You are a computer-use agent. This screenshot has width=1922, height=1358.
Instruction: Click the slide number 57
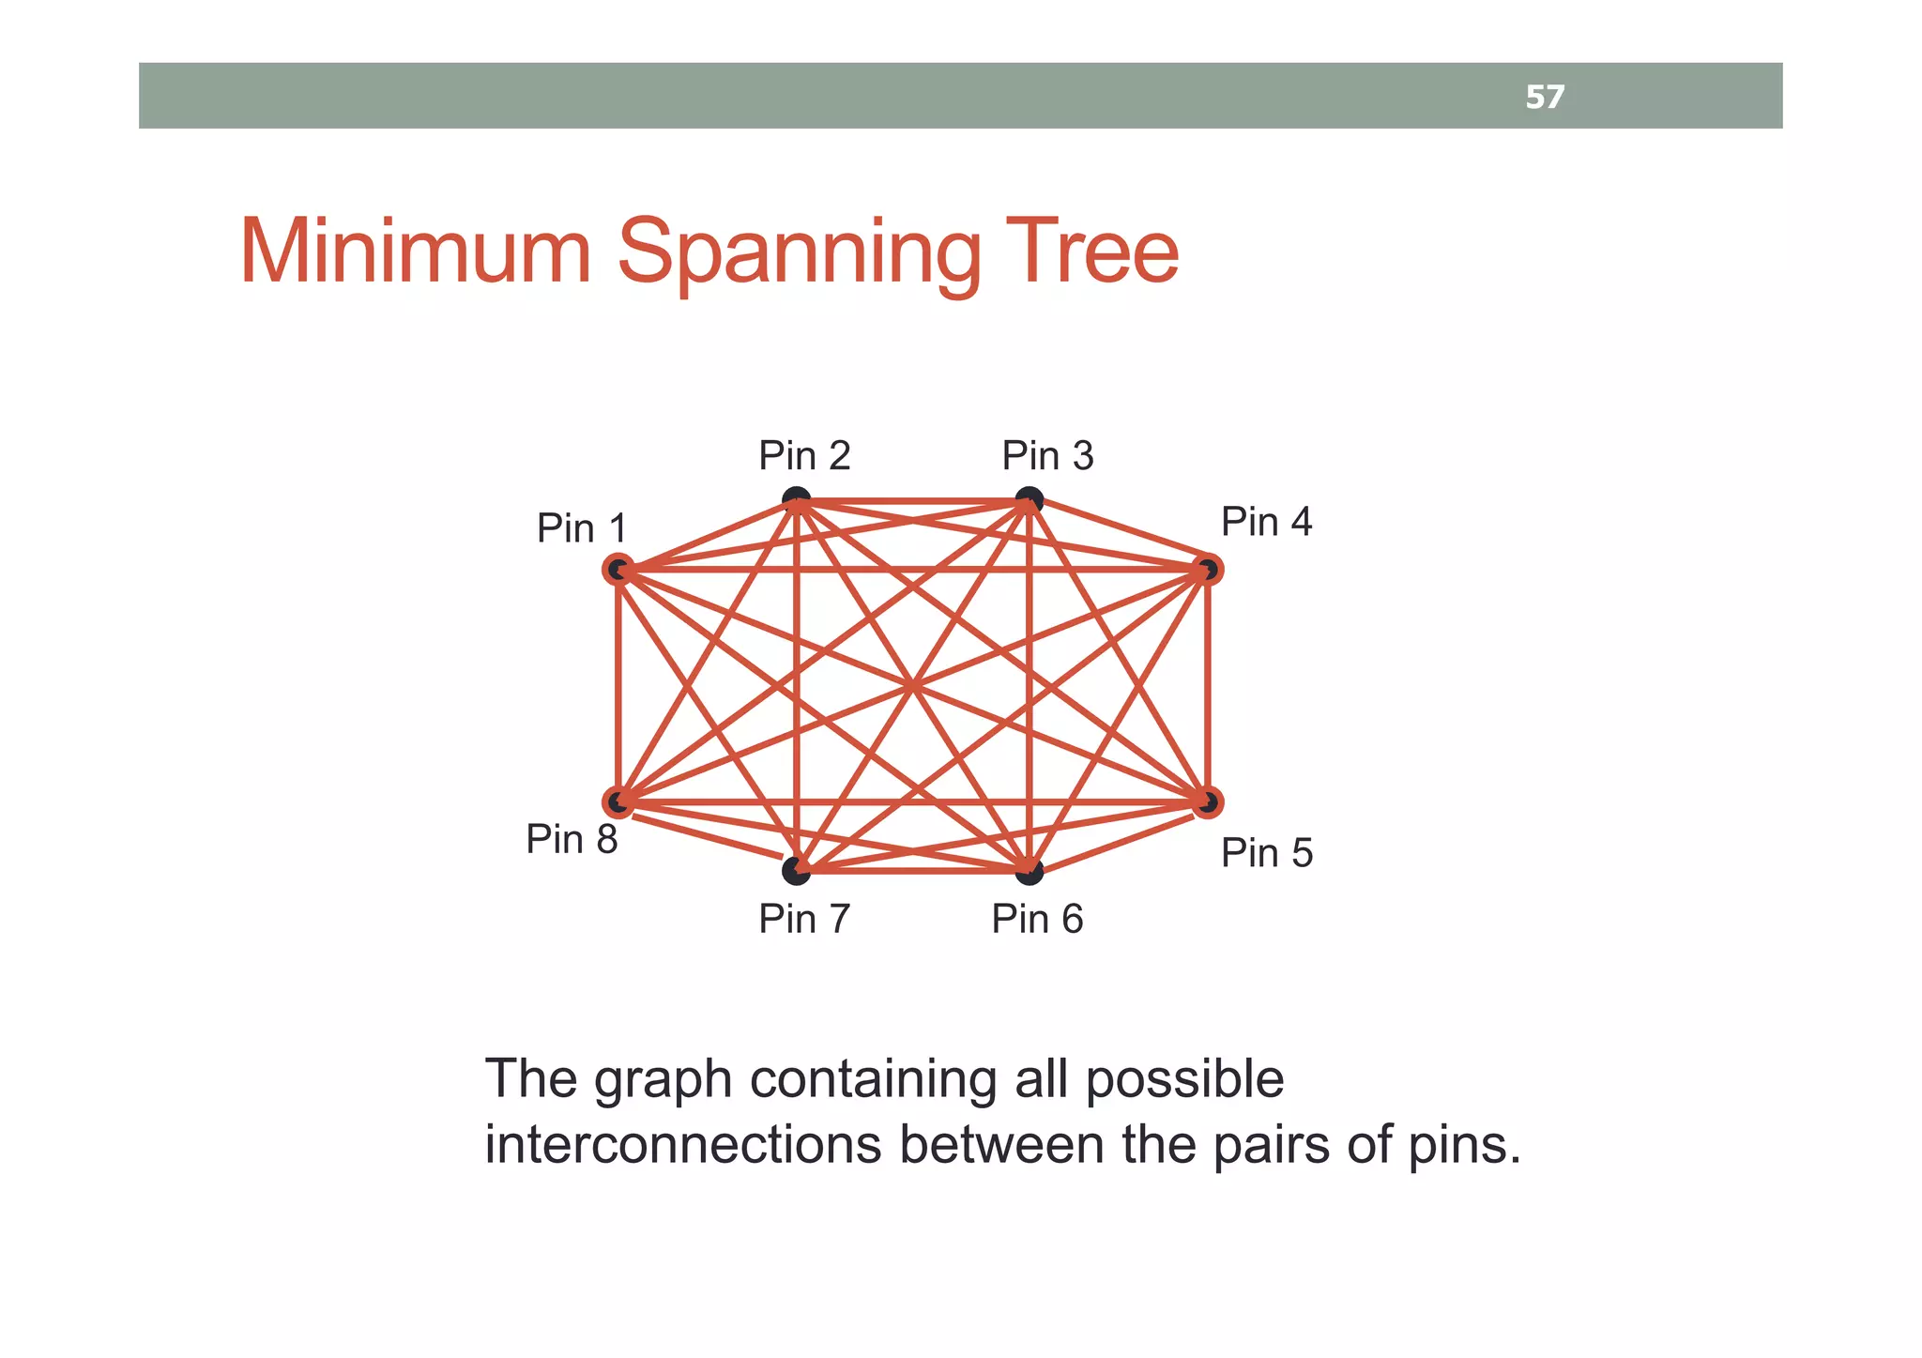pyautogui.click(x=1544, y=97)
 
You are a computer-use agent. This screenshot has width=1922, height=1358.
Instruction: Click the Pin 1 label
pyautogui.click(x=581, y=528)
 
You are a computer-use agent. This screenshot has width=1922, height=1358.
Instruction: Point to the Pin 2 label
pyautogui.click(x=804, y=455)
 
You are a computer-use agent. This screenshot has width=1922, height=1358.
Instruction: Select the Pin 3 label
pyautogui.click(x=1047, y=455)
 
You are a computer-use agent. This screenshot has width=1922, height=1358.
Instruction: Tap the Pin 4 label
pyautogui.click(x=1266, y=522)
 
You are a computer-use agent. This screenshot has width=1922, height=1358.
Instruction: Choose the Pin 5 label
pyautogui.click(x=1266, y=853)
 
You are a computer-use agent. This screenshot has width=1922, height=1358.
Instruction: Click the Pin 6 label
pyautogui.click(x=1037, y=919)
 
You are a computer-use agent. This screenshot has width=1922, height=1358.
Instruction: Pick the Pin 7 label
pyautogui.click(x=804, y=919)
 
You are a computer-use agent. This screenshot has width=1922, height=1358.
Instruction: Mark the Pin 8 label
pyautogui.click(x=572, y=839)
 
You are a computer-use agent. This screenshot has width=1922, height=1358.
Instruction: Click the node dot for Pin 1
pyautogui.click(x=618, y=569)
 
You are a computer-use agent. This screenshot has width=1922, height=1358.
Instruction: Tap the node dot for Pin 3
pyautogui.click(x=1030, y=499)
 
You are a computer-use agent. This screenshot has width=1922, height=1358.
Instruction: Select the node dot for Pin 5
pyautogui.click(x=1208, y=802)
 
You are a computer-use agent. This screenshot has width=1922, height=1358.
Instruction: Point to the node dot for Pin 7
pyautogui.click(x=796, y=871)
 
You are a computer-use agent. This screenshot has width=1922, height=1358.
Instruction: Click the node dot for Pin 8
pyautogui.click(x=618, y=802)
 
